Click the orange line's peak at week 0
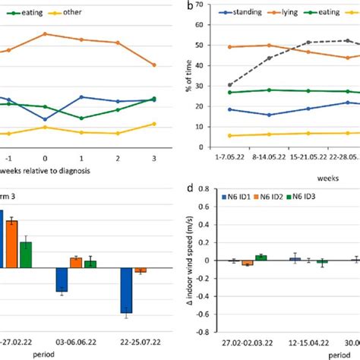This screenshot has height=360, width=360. tap(46, 34)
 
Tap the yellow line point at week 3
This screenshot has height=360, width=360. tap(154, 124)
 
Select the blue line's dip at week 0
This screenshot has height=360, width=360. tap(46, 119)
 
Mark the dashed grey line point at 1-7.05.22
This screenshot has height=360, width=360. tap(230, 85)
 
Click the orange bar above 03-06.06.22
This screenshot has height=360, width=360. tap(76, 263)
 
